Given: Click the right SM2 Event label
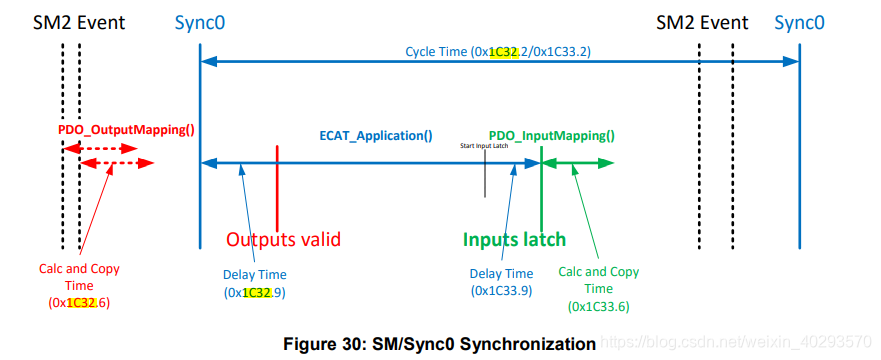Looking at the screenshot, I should click(x=702, y=21).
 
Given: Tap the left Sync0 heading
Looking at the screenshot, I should click(x=199, y=21).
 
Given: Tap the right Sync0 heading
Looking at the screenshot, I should click(x=799, y=21).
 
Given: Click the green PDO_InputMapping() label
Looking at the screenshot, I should click(x=551, y=135).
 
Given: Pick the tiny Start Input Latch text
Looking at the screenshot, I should click(x=485, y=146).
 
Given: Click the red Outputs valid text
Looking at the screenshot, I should click(x=283, y=239).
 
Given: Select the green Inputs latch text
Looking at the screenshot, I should click(x=514, y=239).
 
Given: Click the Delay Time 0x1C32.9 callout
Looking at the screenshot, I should click(x=254, y=282).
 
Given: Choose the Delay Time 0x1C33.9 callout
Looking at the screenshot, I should click(x=500, y=281).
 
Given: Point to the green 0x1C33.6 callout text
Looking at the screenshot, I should click(x=598, y=288).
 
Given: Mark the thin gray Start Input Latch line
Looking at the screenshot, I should click(x=485, y=175).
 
